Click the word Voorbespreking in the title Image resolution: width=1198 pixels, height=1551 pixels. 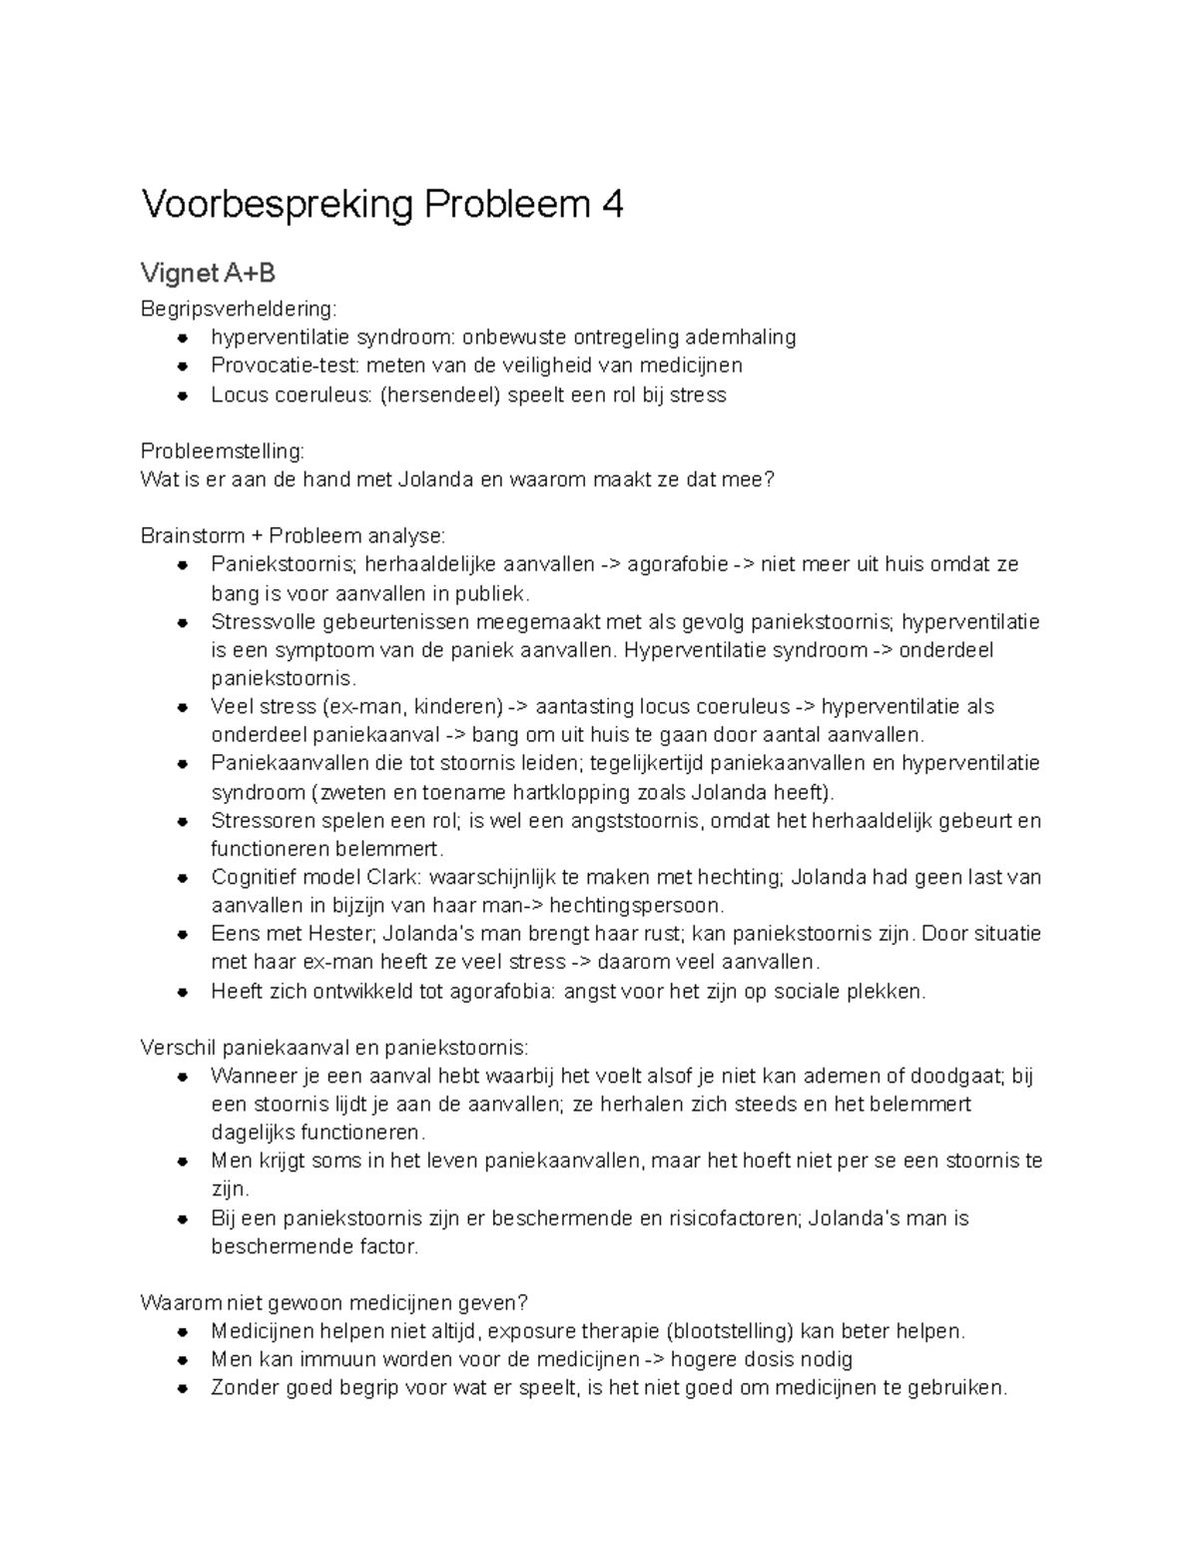(x=277, y=206)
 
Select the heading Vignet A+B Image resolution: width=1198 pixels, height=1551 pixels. (x=208, y=273)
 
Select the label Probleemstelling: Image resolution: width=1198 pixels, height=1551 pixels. (x=223, y=451)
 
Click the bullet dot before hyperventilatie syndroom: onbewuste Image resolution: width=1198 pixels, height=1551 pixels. (x=183, y=338)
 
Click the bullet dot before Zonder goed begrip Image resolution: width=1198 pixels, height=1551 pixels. (x=183, y=1388)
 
